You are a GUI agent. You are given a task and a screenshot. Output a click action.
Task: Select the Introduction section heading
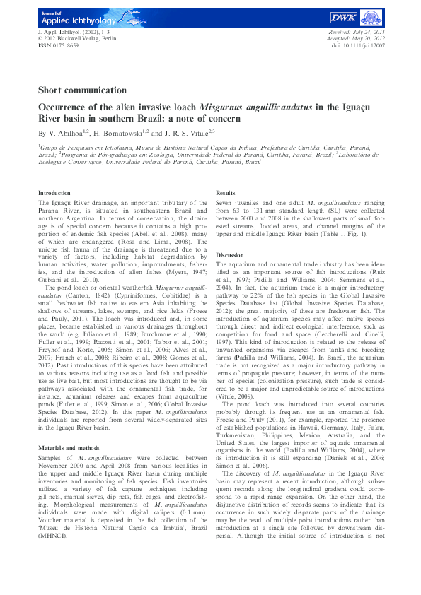click(54, 192)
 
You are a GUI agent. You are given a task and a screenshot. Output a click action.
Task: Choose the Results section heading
click(225, 192)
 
